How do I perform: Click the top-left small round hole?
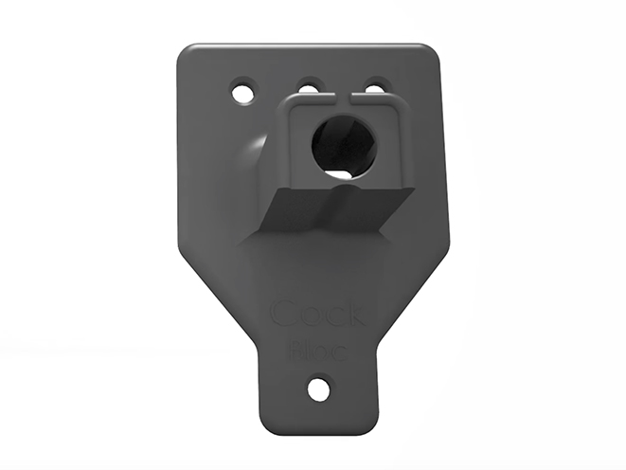[245, 93]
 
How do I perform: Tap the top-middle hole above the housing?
[310, 88]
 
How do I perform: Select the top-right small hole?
[375, 88]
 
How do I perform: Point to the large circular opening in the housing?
[344, 145]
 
